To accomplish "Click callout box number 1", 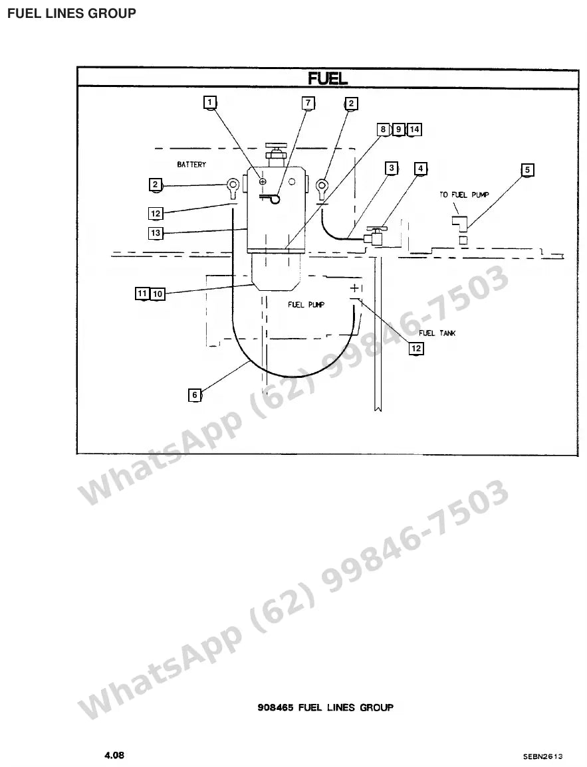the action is point(210,102).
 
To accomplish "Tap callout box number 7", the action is point(308,103).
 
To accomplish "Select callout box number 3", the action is point(391,168).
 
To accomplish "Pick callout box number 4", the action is point(421,169).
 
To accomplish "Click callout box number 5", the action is point(527,170).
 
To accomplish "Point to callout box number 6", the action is point(195,394).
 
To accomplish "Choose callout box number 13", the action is point(156,233).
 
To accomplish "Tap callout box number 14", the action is point(414,129).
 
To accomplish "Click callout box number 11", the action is point(142,294).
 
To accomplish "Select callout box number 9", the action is point(398,129).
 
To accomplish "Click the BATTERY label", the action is point(191,165).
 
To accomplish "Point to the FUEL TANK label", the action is point(437,333).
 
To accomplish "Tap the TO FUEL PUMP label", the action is point(464,195).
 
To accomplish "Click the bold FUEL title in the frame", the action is point(328,78).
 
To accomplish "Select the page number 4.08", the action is point(114,755).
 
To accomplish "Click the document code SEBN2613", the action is point(542,757).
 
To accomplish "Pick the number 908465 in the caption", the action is point(276,707).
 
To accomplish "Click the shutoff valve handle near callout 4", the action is point(376,228).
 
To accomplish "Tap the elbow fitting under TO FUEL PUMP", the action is point(460,223).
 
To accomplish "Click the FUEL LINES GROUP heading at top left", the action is point(72,13).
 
